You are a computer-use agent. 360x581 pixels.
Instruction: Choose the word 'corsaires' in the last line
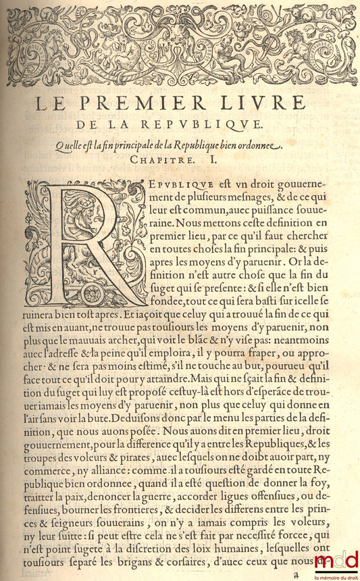(211, 561)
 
